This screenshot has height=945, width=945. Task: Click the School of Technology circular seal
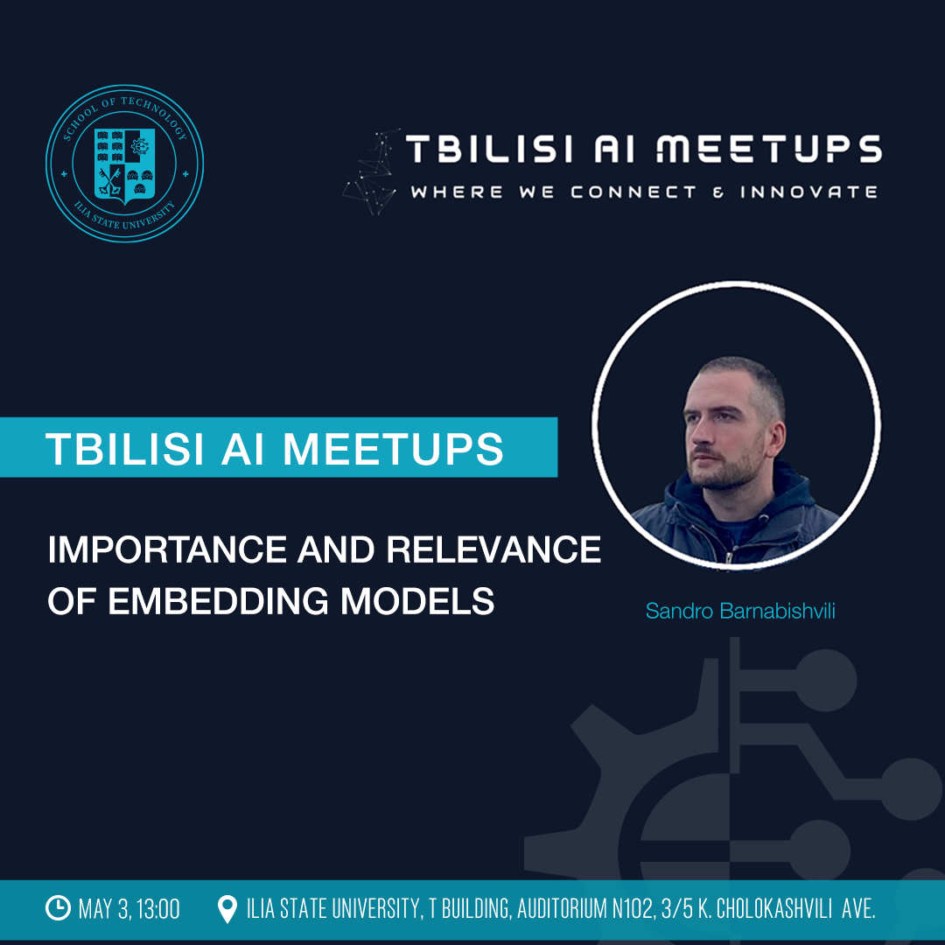[125, 164]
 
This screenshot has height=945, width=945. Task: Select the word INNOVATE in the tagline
[808, 192]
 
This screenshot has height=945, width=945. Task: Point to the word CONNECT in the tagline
[633, 192]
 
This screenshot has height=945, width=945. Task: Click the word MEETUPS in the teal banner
[393, 449]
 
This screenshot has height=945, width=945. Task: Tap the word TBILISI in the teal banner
[125, 449]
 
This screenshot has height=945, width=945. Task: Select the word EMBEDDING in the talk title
[218, 601]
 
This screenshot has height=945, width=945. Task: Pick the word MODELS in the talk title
[417, 601]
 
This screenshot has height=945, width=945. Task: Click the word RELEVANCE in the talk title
[493, 549]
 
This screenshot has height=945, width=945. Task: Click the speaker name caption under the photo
[740, 611]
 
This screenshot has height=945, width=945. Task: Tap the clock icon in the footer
[59, 907]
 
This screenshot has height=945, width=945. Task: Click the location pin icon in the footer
[227, 909]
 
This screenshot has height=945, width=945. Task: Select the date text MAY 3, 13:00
[129, 909]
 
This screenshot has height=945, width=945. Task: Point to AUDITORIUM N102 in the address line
[585, 909]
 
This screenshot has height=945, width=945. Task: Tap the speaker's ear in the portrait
[778, 438]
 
